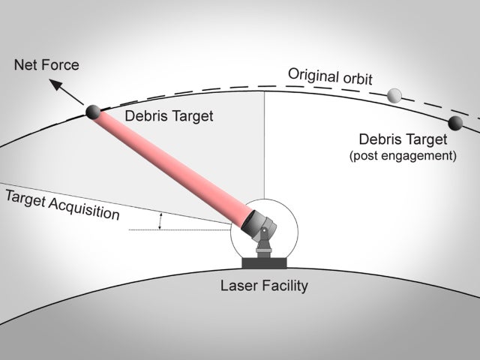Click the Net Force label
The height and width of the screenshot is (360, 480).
(46, 65)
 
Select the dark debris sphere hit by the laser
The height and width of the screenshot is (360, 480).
(94, 112)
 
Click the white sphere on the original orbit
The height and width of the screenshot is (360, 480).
(394, 95)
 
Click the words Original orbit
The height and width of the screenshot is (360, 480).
(331, 76)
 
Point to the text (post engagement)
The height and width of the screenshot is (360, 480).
(403, 156)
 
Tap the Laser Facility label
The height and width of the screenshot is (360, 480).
(263, 286)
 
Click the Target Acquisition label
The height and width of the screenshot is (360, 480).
(62, 205)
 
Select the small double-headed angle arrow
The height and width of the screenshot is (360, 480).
(160, 220)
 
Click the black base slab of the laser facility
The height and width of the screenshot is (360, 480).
(263, 263)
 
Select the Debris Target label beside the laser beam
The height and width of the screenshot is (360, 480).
(169, 116)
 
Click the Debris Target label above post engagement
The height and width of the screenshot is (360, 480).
(403, 139)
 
